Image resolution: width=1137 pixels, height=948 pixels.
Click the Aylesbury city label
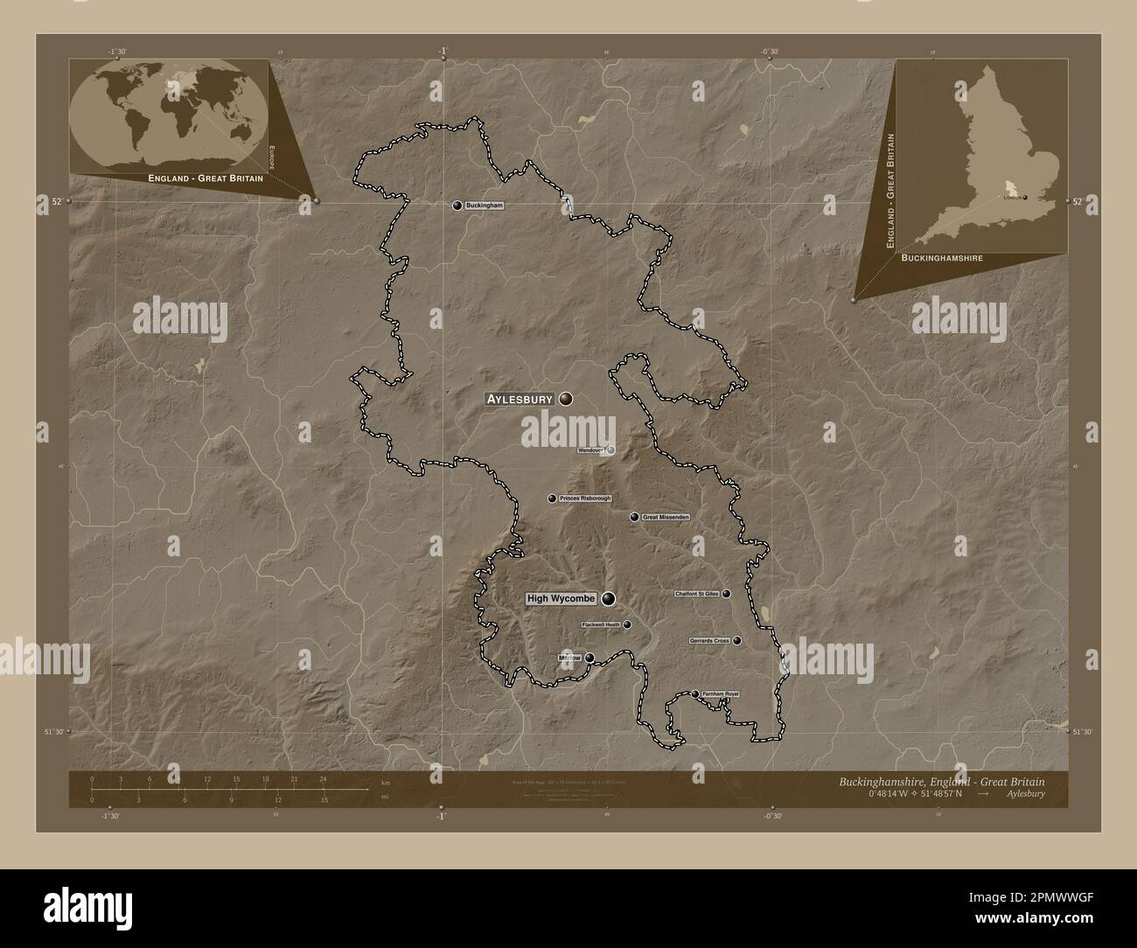pos(520,399)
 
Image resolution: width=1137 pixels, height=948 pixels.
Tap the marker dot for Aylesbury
pos(567,399)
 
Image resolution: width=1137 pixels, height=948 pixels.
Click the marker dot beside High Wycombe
pos(608,599)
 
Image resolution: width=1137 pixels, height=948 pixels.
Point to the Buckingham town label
pos(485,206)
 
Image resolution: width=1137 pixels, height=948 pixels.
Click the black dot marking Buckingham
pos(457,206)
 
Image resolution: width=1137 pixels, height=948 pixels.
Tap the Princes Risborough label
pos(585,498)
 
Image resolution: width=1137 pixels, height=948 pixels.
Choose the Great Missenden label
pos(666,518)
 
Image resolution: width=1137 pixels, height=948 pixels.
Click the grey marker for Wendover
pos(611,450)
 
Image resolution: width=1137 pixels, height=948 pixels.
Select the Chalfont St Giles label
pos(696,594)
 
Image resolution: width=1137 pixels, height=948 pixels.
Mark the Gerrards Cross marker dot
pos(737,641)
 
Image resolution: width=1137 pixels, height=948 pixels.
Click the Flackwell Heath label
pos(600,625)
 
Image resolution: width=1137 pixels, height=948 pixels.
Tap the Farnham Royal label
pos(720,694)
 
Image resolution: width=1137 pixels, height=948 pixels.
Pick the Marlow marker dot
pos(589,658)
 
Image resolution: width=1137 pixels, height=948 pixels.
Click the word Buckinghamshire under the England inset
pos(941,259)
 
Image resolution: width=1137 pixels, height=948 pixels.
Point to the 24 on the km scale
pos(323,778)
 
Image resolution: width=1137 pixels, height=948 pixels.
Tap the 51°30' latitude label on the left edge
pos(55,732)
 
